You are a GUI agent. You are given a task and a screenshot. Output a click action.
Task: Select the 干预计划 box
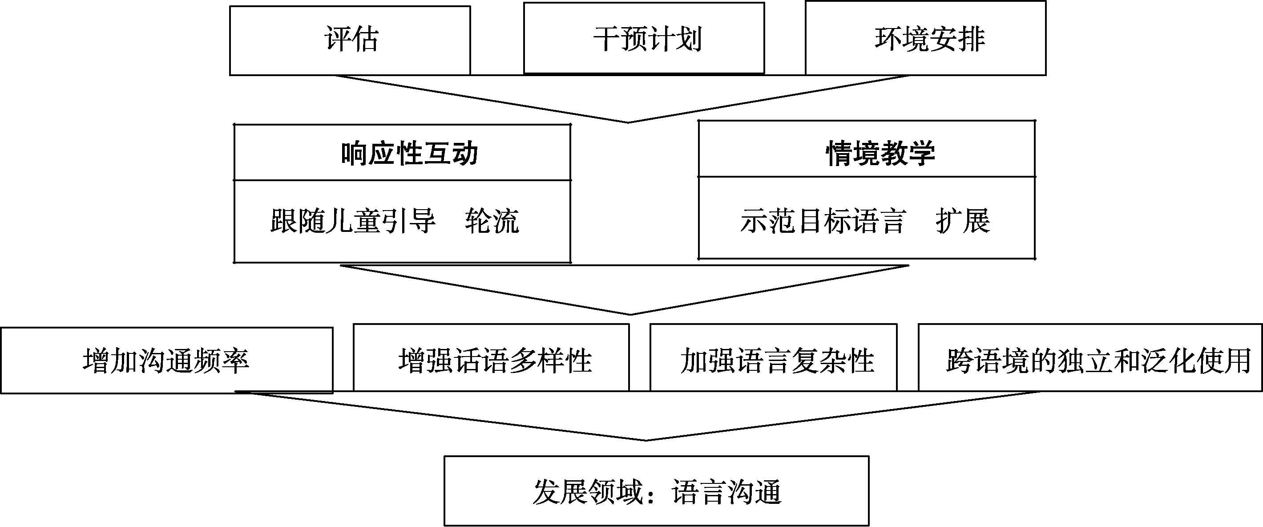coord(644,38)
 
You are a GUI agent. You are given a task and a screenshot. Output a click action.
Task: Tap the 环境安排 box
coord(926,38)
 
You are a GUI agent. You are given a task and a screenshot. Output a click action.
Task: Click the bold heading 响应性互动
coord(409,154)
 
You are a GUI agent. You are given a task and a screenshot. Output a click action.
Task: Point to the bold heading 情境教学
coord(880,153)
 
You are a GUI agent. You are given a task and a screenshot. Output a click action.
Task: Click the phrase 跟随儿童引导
coord(353,221)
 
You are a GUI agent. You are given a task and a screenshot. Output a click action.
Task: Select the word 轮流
coord(492,221)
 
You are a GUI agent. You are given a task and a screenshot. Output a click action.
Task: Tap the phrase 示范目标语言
coord(822,221)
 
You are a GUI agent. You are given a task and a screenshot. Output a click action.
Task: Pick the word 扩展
coord(962,221)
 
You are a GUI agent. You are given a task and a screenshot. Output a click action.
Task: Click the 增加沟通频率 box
coord(167,361)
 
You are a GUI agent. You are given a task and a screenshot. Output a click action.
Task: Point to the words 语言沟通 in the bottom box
coord(726,492)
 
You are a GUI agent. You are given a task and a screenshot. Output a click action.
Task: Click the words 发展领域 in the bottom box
coord(587,492)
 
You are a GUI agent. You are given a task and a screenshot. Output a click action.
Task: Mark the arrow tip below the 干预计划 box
coord(629,122)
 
